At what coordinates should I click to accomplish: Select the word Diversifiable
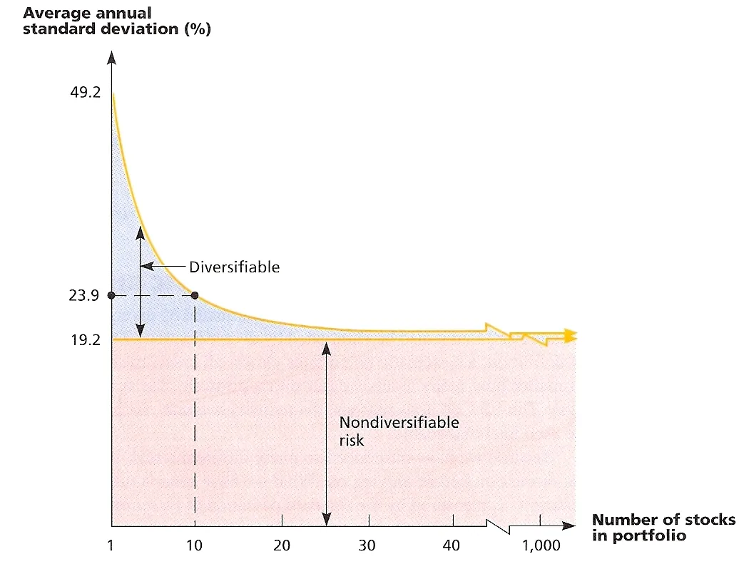235,267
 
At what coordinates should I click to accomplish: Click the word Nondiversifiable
399,422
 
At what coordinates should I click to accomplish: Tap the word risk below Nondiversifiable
351,440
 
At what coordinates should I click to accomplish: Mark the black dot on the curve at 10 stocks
195,295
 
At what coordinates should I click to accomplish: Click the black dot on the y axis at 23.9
111,295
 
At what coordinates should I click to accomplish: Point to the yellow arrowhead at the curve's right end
569,335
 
